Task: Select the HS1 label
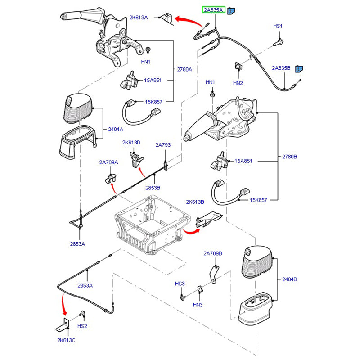click(x=278, y=27)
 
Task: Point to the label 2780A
click(x=184, y=69)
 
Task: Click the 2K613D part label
click(x=131, y=143)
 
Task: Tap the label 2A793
click(x=163, y=145)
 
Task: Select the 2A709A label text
click(x=109, y=162)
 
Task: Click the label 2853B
click(x=153, y=187)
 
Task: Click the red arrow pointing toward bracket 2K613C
click(x=63, y=306)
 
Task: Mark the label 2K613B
click(x=195, y=202)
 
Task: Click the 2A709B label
click(x=212, y=253)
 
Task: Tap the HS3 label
click(x=180, y=284)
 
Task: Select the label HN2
click(x=238, y=83)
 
